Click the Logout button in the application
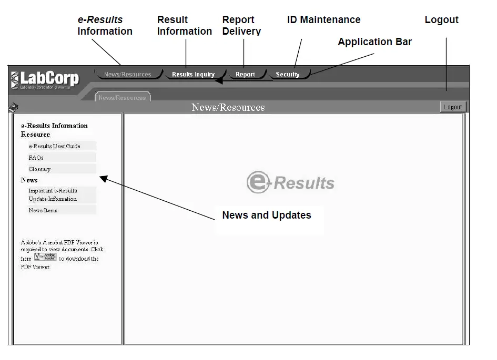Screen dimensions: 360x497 (453, 107)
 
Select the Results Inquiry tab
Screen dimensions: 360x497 (193, 75)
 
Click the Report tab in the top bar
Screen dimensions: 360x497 (245, 75)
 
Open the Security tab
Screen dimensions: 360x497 (288, 75)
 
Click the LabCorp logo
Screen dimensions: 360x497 (45, 80)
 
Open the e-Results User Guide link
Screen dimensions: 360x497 (55, 146)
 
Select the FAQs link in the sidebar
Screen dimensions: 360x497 (36, 158)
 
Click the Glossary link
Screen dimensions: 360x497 (39, 169)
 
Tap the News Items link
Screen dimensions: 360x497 (43, 210)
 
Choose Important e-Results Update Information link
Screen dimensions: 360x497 (53, 195)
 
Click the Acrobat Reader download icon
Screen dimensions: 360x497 (45, 258)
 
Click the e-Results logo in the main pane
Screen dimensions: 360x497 (290, 182)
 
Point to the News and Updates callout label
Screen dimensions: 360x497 (267, 215)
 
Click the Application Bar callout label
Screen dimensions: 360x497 (374, 42)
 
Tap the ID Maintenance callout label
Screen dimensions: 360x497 (324, 20)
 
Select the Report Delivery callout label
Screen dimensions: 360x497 (241, 26)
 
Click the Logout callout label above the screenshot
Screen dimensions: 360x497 (441, 20)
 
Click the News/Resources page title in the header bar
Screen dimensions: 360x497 (228, 108)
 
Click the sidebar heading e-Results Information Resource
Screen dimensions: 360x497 (54, 130)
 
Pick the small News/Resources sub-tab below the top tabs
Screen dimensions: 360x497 (122, 98)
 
